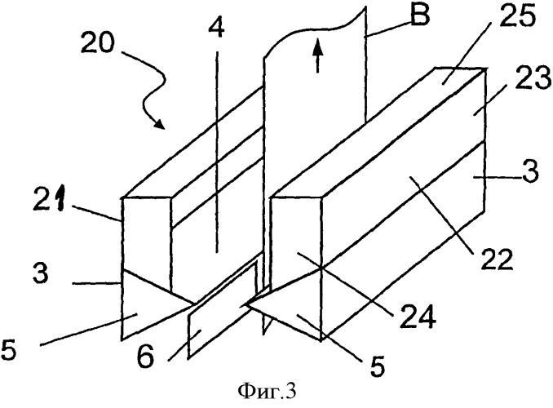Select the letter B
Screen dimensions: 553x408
[419, 15]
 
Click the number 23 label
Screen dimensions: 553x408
[533, 78]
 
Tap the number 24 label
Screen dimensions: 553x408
[418, 316]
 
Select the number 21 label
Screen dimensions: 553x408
[50, 200]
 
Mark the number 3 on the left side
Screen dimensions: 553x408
[40, 273]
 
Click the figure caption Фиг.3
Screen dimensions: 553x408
[267, 391]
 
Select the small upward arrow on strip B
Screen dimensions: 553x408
[318, 55]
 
